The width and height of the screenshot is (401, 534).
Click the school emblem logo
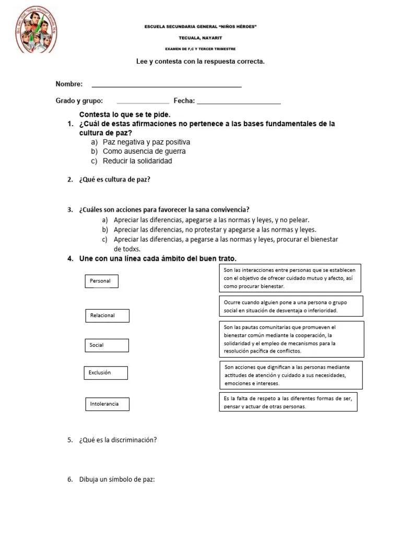coord(36,31)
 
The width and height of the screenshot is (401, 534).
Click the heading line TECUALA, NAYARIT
coord(200,38)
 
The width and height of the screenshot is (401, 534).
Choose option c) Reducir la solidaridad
coord(137,161)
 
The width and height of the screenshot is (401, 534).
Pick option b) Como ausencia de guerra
coord(144,152)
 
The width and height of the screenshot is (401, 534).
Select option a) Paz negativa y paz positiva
coord(146,142)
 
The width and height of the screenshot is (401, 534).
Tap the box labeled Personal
coord(101,281)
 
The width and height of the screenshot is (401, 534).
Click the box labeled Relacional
coord(107,315)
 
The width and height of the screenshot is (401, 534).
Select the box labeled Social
coord(107,345)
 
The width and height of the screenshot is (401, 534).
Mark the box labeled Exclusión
coord(104,373)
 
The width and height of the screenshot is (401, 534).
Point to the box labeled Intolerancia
coord(107,404)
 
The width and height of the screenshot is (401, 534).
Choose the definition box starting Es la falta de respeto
coord(288,402)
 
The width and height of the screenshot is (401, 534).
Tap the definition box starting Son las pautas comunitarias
coord(291,339)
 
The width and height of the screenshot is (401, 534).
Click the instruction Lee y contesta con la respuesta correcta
coord(200,62)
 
